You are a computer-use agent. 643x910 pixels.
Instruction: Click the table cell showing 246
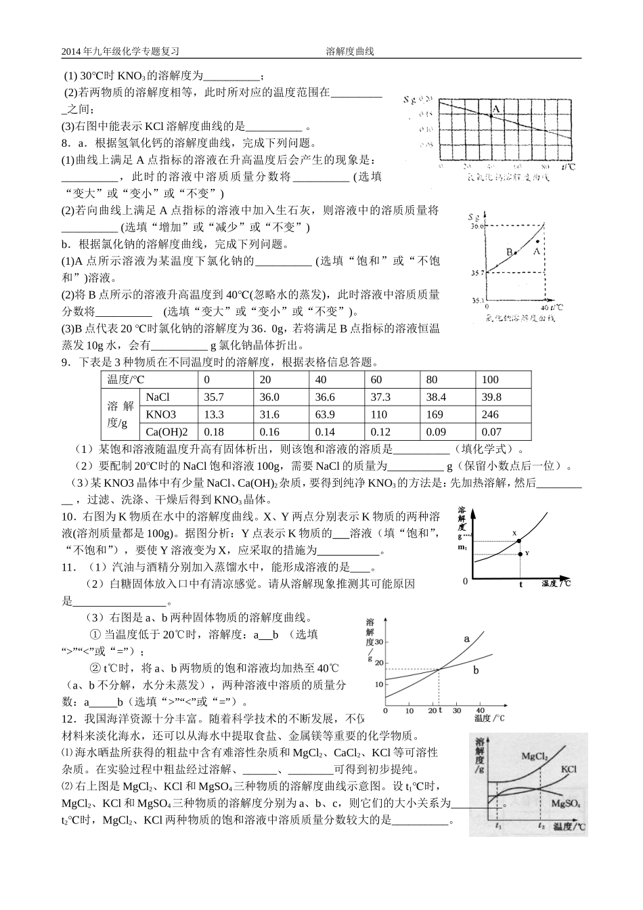point(489,414)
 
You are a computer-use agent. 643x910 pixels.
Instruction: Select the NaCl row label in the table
point(158,397)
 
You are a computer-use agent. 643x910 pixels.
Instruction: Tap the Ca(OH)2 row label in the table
point(167,432)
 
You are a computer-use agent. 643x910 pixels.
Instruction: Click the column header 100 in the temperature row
point(489,380)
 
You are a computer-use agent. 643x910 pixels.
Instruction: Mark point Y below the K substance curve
point(520,554)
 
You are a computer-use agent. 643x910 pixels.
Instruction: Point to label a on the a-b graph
point(466,638)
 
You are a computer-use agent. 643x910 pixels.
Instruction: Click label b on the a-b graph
point(476,670)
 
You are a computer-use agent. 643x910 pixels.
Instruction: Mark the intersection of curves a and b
point(439,670)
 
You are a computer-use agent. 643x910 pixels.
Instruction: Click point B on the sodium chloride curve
point(515,253)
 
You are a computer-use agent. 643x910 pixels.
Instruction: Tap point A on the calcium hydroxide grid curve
point(491,116)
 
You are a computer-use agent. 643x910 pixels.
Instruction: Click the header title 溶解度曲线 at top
point(349,51)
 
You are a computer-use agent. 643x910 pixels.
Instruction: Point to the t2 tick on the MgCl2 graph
point(539,827)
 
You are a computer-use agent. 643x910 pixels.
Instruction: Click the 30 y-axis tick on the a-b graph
point(378,641)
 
